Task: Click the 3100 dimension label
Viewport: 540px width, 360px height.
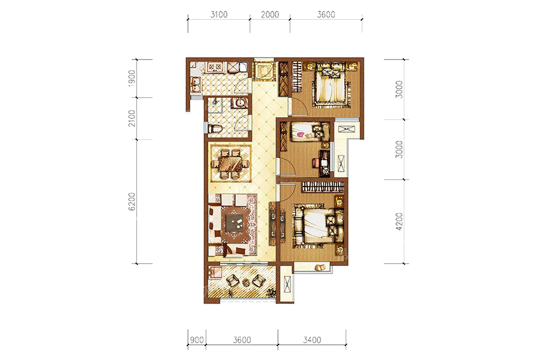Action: pos(218,14)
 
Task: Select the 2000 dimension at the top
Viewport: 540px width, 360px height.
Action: pos(269,14)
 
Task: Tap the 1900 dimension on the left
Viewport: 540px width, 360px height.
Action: pos(132,78)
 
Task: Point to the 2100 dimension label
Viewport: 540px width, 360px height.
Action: pos(132,118)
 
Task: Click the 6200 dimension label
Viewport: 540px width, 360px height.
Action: pos(132,202)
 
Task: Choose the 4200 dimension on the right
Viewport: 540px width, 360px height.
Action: pos(399,221)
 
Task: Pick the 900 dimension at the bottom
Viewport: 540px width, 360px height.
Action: pos(197,340)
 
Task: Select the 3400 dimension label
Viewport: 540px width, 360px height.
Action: pos(312,340)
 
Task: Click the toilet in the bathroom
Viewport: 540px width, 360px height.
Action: pos(215,129)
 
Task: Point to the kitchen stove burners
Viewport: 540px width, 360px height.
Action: pos(214,67)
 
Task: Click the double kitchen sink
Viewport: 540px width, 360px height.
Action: pos(196,85)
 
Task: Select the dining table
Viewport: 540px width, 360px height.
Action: pos(231,164)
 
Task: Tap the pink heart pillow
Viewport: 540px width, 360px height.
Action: pos(301,134)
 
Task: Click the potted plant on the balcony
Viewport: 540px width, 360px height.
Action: pos(271,293)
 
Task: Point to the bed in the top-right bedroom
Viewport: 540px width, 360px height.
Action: pos(330,85)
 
